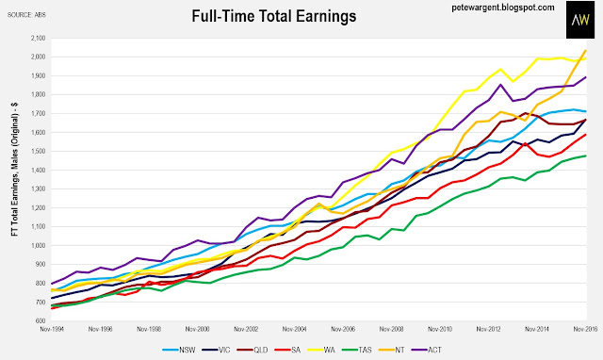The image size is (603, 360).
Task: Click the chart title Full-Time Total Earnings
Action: (274, 16)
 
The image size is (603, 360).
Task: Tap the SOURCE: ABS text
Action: (26, 15)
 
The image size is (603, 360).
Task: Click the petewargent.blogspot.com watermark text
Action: (503, 8)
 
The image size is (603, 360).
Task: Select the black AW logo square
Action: (580, 20)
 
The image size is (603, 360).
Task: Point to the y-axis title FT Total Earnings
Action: (15, 170)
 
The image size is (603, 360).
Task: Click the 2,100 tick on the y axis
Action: (38, 38)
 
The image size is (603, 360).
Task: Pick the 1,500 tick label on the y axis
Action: (38, 151)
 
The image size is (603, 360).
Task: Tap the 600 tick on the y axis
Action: (40, 320)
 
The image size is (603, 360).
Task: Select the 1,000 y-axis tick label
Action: (38, 245)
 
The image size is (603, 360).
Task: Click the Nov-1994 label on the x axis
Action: (52, 329)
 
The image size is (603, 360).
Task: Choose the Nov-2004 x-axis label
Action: (294, 329)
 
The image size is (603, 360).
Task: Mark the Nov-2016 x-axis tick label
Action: (585, 329)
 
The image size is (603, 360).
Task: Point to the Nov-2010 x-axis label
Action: (440, 329)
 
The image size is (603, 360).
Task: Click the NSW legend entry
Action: (179, 350)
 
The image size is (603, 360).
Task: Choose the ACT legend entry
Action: (427, 350)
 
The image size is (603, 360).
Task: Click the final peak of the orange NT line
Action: (585, 50)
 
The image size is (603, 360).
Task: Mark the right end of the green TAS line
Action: (586, 155)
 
